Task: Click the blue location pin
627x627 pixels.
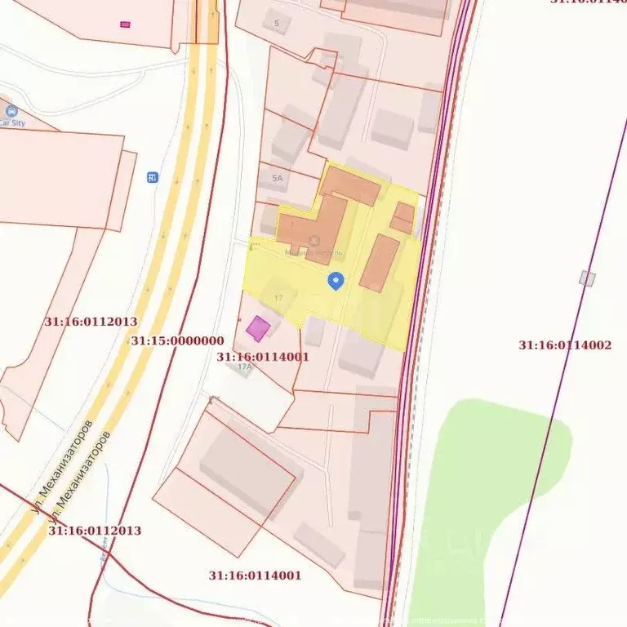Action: (x=336, y=281)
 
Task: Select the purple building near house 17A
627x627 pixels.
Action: (x=258, y=328)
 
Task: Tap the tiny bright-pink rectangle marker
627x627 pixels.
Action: (x=125, y=24)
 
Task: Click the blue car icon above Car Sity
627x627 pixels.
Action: (x=11, y=111)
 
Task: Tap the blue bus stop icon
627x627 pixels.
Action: (x=152, y=177)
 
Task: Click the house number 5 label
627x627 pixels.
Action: (x=277, y=23)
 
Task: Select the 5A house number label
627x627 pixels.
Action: (x=278, y=178)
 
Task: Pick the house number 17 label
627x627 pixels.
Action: (x=278, y=298)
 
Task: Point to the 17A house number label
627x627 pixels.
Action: (x=243, y=367)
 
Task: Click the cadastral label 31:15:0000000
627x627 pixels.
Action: (x=177, y=341)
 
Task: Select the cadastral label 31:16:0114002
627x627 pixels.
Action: (x=565, y=345)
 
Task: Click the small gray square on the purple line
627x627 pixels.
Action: (x=587, y=278)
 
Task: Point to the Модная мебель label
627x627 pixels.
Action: (x=313, y=253)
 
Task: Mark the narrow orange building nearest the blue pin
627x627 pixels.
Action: (x=380, y=263)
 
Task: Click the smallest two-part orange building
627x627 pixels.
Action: (x=402, y=217)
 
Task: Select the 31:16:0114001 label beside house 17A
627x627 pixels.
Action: (x=263, y=357)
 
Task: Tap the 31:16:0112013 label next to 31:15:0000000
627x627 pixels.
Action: (x=91, y=322)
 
